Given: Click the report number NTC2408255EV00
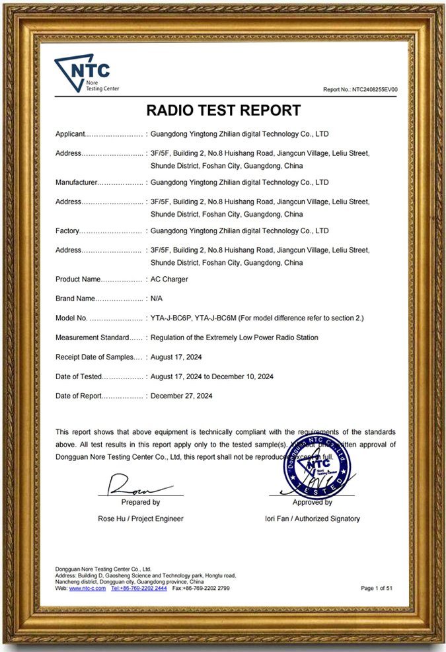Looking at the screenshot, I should pyautogui.click(x=360, y=89).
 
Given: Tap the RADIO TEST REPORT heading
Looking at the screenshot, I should pyautogui.click(x=223, y=110).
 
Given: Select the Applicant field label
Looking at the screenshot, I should pyautogui.click(x=70, y=134).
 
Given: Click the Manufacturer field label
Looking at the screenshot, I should pyautogui.click(x=76, y=182).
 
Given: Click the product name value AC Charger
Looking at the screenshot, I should pyautogui.click(x=169, y=279).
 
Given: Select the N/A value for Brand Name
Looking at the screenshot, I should pyautogui.click(x=157, y=299).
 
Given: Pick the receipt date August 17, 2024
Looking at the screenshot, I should pyautogui.click(x=176, y=357).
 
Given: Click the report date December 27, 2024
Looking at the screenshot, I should pyautogui.click(x=181, y=396).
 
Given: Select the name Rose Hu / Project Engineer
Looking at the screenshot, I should pyautogui.click(x=141, y=519).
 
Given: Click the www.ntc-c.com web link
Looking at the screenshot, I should pyautogui.click(x=87, y=588).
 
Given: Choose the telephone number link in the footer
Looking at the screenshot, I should pyautogui.click(x=139, y=588).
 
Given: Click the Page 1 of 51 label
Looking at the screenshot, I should pyautogui.click(x=377, y=588).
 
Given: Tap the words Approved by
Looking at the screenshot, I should pyautogui.click(x=312, y=502).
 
